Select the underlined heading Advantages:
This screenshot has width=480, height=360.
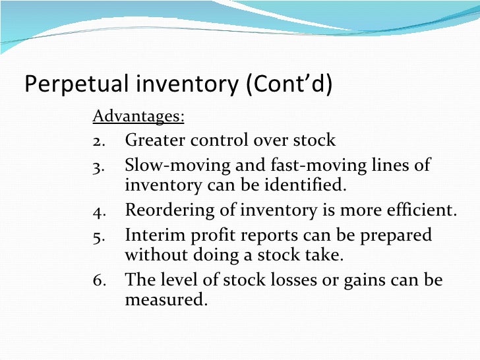click(138, 117)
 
